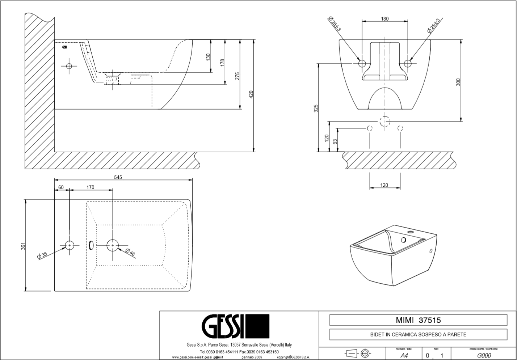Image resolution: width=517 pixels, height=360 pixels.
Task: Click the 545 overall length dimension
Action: (x=118, y=177)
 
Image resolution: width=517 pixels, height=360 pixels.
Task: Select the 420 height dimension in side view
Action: (x=251, y=94)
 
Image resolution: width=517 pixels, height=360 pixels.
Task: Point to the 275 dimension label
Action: (x=237, y=76)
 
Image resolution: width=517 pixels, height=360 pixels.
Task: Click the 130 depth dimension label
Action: (x=208, y=57)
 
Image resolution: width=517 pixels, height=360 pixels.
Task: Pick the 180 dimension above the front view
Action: (x=385, y=19)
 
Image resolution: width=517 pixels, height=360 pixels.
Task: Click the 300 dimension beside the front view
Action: (x=458, y=82)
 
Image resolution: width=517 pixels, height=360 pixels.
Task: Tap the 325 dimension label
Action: (x=316, y=108)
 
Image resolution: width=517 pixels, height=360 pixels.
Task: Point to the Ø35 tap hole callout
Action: (x=42, y=255)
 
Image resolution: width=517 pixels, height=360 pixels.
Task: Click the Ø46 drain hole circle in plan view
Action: (x=113, y=245)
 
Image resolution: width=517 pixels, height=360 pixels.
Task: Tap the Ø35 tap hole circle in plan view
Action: (x=70, y=245)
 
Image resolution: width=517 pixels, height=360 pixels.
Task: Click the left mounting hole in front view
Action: (x=362, y=63)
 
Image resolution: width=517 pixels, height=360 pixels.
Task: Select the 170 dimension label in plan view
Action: (x=90, y=187)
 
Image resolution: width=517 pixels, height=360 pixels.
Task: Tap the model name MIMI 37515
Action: (x=418, y=320)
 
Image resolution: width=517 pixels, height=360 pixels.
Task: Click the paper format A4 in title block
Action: (x=405, y=355)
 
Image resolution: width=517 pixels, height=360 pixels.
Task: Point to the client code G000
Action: (x=484, y=355)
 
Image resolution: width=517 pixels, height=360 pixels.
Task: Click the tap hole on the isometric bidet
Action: (x=403, y=240)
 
